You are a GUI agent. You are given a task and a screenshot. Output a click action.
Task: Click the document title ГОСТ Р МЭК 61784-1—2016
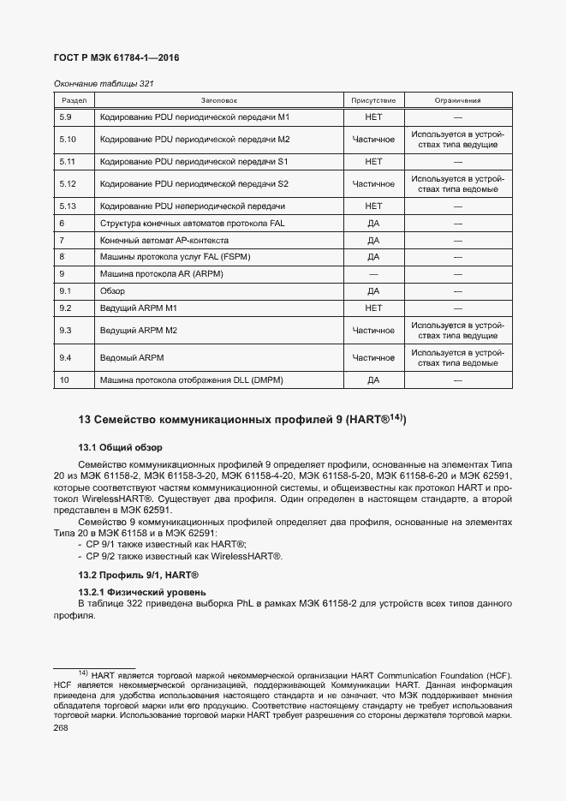[115, 58]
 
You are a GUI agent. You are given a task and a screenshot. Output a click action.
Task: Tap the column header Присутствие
[373, 100]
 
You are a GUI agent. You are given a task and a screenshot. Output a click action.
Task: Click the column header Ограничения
[457, 100]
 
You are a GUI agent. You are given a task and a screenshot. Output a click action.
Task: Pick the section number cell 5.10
[69, 139]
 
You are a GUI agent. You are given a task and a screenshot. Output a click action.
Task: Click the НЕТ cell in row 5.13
[373, 206]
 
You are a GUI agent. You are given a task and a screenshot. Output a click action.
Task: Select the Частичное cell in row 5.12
[373, 184]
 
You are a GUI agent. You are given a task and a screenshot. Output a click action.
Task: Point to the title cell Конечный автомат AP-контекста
[164, 241]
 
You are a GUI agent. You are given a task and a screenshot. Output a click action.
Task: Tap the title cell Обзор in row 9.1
[112, 291]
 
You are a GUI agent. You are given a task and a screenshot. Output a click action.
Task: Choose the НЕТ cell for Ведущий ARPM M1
[373, 308]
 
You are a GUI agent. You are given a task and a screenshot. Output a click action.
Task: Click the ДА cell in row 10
[373, 380]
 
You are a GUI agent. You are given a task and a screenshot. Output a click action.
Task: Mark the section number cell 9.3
[67, 330]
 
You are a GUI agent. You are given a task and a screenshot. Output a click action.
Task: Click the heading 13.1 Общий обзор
[120, 447]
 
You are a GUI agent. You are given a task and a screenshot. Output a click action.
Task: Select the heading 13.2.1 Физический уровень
[141, 593]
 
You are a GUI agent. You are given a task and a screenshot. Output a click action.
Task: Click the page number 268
[60, 727]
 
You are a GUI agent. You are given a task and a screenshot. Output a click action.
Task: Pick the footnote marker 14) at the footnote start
[83, 674]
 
